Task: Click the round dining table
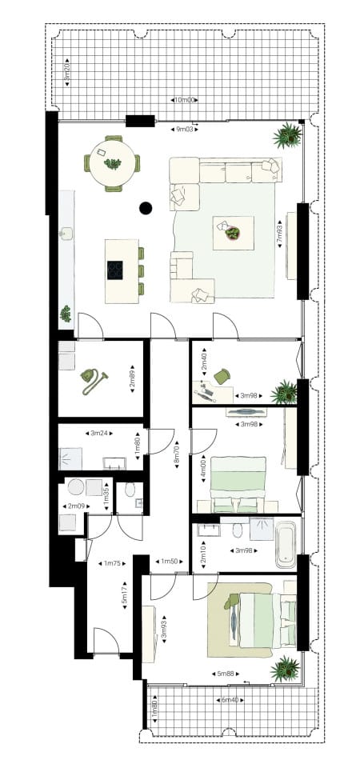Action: (x=113, y=164)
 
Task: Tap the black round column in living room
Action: (x=146, y=209)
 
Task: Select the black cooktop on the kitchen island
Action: (x=114, y=270)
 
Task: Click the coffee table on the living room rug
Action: (x=232, y=233)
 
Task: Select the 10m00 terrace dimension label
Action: (x=185, y=100)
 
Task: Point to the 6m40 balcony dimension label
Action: (x=229, y=700)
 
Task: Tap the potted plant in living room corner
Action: (x=286, y=136)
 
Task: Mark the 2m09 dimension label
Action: (x=78, y=506)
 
